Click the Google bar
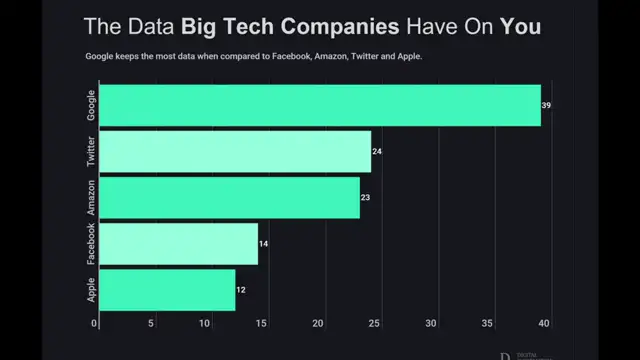click(x=320, y=105)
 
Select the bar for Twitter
click(x=235, y=151)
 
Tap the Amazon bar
click(x=229, y=197)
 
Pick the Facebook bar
click(x=178, y=243)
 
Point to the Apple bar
click(x=167, y=289)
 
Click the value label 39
click(x=547, y=105)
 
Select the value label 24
click(x=377, y=151)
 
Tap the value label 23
click(x=366, y=197)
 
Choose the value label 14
click(x=264, y=243)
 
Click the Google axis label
click(x=91, y=105)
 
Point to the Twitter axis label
click(x=91, y=151)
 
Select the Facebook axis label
click(x=91, y=243)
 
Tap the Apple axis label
click(x=91, y=289)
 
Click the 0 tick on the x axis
click(x=95, y=323)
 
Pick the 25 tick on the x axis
click(x=375, y=323)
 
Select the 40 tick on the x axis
click(x=543, y=323)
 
